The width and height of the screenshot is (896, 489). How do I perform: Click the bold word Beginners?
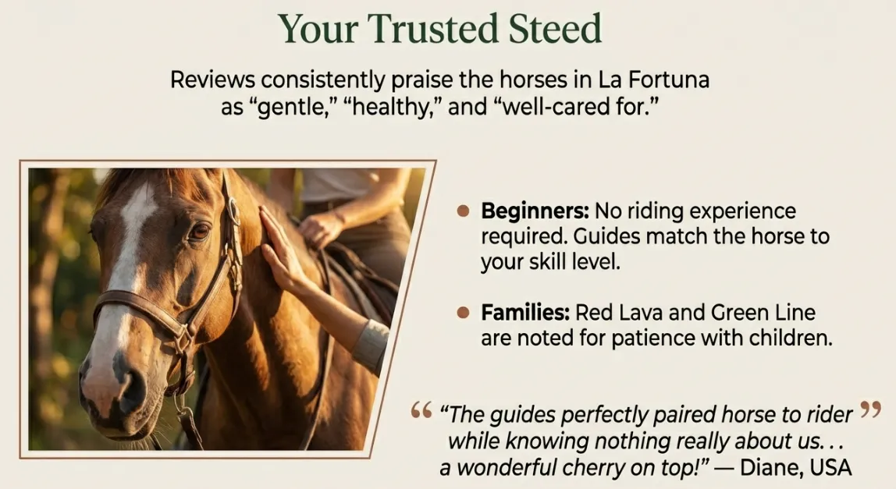535,211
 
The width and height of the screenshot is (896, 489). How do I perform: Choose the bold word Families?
524,313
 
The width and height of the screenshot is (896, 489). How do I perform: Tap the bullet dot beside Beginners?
464,211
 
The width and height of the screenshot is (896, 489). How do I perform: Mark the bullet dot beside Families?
464,313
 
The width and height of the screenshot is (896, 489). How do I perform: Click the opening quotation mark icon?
421,409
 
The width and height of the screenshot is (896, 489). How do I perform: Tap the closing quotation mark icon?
869,409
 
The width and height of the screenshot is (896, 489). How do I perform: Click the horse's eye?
199,231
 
